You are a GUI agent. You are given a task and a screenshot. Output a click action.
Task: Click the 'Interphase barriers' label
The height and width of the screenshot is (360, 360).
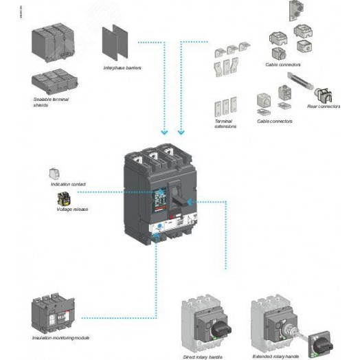point(123,68)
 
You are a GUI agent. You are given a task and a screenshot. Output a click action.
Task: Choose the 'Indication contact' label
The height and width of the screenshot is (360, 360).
point(69,184)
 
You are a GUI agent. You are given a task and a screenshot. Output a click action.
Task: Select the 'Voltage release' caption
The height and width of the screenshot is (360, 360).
point(76,209)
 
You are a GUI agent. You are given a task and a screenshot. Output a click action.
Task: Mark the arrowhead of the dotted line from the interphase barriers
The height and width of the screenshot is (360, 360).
point(164,132)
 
